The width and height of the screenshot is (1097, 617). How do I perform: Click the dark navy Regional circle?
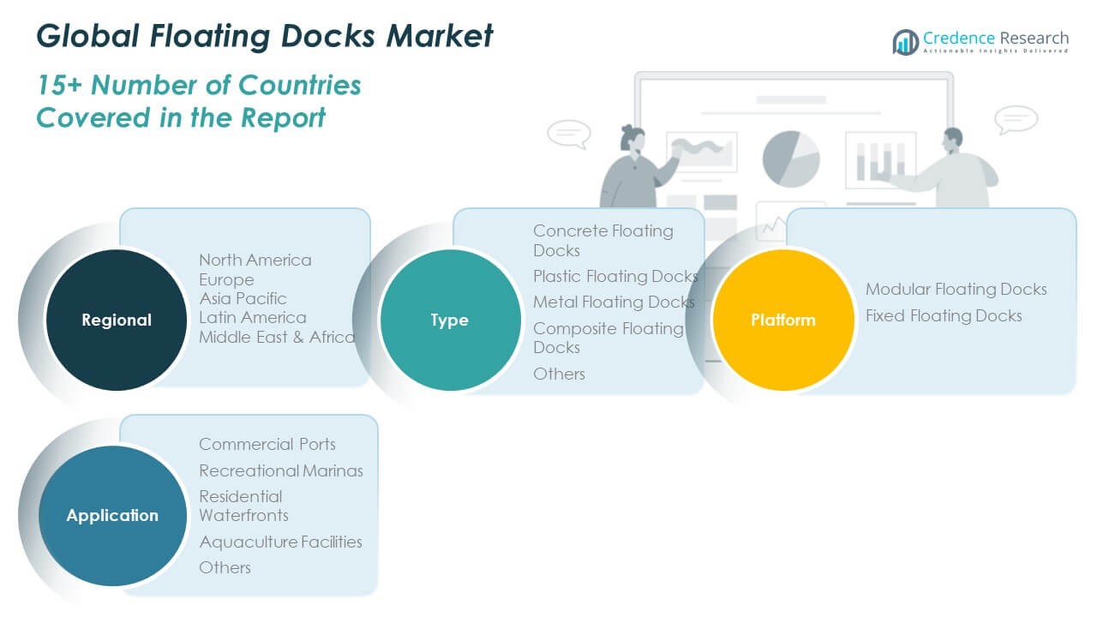click(x=117, y=320)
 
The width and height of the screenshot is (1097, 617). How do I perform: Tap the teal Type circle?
click(x=450, y=320)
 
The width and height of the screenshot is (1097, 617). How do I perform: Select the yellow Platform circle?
click(x=783, y=320)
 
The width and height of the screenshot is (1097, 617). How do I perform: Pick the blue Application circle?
click(x=112, y=515)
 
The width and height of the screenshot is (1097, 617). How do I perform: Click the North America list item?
click(x=255, y=260)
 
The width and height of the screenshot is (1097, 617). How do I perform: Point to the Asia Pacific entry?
click(x=243, y=298)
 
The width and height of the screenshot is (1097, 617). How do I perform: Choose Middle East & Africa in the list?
click(x=277, y=337)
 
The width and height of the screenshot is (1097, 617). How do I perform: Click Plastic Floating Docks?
click(x=615, y=276)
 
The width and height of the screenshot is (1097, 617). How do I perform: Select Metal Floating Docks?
click(x=614, y=302)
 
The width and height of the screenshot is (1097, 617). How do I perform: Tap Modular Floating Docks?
click(x=956, y=289)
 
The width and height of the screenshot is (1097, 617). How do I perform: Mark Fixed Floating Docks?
click(x=944, y=315)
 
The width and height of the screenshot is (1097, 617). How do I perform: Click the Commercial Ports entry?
click(x=267, y=444)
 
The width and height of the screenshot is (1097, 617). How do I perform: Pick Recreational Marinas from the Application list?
click(x=281, y=470)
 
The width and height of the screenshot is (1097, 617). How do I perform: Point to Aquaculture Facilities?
click(x=280, y=542)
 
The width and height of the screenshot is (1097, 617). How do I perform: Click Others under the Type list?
click(x=559, y=374)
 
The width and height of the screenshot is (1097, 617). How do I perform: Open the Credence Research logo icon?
click(x=905, y=41)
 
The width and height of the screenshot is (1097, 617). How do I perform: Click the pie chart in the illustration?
click(x=790, y=159)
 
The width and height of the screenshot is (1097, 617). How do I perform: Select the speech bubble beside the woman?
click(x=569, y=134)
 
